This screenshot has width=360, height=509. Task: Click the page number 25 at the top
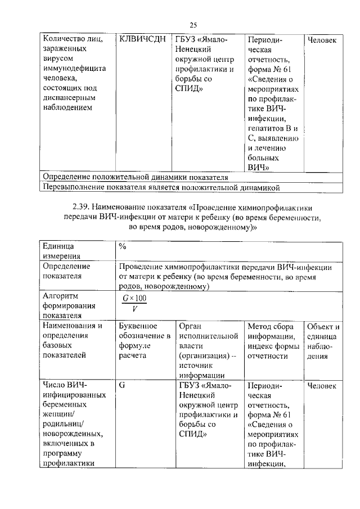192,25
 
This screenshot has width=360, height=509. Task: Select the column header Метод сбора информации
273,341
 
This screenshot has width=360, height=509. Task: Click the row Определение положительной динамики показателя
135,177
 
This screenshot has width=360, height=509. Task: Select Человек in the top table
323,40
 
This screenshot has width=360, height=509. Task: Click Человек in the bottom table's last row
323,386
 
